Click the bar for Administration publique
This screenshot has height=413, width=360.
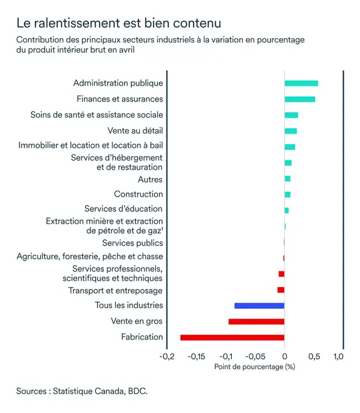coord(301,83)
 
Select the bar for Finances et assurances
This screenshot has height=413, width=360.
coord(300,99)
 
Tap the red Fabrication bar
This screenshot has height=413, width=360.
coord(232,337)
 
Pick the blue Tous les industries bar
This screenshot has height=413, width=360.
coord(259,306)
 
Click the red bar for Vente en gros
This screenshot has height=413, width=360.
coord(256,322)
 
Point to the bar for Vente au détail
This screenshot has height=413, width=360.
coord(291,131)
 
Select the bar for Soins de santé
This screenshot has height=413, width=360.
coord(291,115)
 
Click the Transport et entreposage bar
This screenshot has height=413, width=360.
coord(281,290)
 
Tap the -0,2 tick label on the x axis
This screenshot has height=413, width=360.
coord(167,357)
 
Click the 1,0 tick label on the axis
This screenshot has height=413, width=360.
coord(338,357)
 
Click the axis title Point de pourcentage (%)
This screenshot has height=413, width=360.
coord(254,367)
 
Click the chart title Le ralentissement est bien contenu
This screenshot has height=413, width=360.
coord(118,23)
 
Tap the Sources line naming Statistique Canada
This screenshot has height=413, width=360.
coord(82,390)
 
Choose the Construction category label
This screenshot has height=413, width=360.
coord(138,194)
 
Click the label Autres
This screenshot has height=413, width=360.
coord(150,180)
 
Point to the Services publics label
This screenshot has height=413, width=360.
coord(133,243)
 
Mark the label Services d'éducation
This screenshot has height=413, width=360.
coord(123,209)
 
